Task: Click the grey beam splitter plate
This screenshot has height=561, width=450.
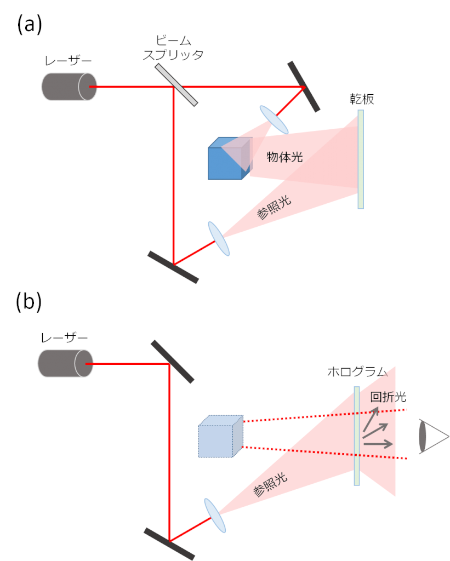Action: tap(176, 84)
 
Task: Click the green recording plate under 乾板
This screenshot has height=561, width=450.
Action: tap(361, 159)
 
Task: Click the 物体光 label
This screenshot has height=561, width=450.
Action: tap(284, 157)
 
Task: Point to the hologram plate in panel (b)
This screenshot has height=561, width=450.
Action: tap(357, 436)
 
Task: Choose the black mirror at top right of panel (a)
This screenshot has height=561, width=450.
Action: tap(303, 87)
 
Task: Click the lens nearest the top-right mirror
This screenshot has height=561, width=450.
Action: tap(274, 119)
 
